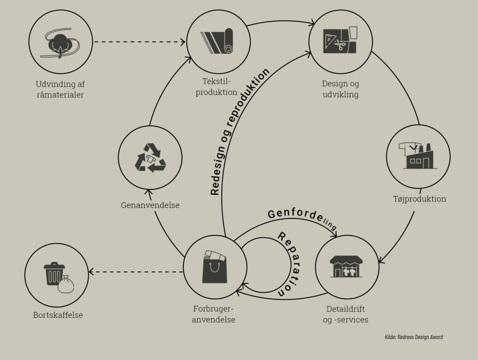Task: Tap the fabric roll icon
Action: (217, 41)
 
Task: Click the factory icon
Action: (418, 156)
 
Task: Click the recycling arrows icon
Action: (150, 157)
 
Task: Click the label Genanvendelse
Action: (150, 205)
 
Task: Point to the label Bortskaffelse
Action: (58, 315)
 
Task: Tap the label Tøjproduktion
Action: (419, 199)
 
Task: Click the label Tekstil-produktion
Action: (217, 87)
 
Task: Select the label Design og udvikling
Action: (340, 89)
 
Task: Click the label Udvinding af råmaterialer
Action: (60, 89)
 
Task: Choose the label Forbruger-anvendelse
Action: (214, 314)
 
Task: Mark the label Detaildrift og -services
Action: (345, 314)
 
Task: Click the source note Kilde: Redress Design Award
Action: (414, 337)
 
